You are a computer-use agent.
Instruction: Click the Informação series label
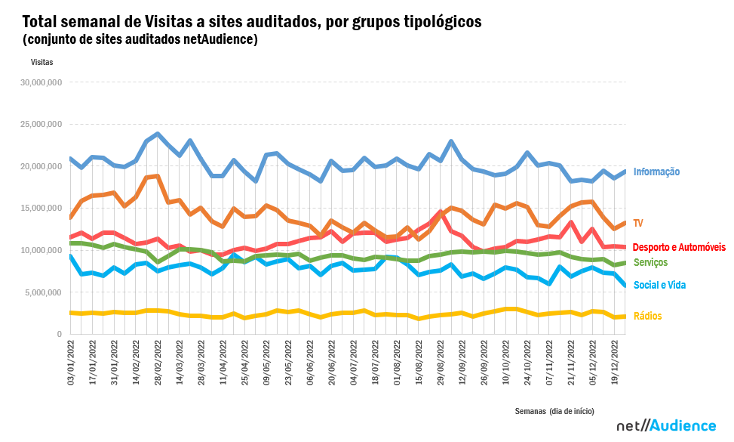[x=656, y=172]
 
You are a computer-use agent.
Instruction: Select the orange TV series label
[x=638, y=223]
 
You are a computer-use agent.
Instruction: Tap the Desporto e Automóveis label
[x=679, y=247]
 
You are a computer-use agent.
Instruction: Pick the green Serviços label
[x=650, y=262]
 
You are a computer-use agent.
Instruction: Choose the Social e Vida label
[x=659, y=286]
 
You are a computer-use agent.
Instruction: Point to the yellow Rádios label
[x=648, y=317]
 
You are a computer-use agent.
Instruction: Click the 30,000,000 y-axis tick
[x=43, y=82]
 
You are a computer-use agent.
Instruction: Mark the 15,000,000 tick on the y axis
[x=43, y=208]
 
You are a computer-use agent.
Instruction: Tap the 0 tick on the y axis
[x=58, y=334]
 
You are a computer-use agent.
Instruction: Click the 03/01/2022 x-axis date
[x=71, y=364]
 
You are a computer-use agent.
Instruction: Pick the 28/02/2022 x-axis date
[x=158, y=364]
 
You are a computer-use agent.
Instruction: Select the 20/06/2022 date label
[x=332, y=364]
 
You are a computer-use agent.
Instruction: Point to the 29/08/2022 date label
[x=441, y=364]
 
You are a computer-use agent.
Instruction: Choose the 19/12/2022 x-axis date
[x=615, y=364]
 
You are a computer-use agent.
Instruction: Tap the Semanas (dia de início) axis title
[x=554, y=411]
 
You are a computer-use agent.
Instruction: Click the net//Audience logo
[x=666, y=426]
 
